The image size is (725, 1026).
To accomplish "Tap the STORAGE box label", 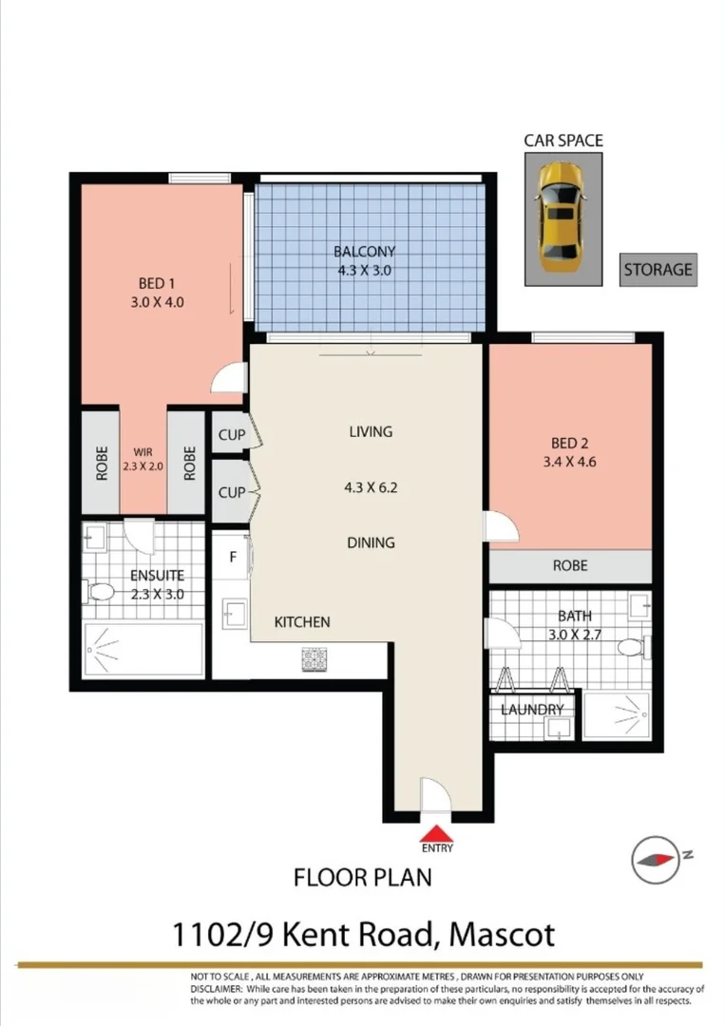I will click(x=658, y=269).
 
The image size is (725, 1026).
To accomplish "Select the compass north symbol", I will click(x=657, y=857).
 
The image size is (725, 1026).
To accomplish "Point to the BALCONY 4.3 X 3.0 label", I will click(x=364, y=260).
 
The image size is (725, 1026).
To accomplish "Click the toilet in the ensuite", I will click(x=102, y=594).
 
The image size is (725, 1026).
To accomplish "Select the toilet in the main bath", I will click(x=631, y=648).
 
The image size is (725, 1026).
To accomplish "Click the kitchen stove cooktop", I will click(x=315, y=658).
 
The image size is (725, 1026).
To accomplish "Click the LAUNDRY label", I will click(x=532, y=709).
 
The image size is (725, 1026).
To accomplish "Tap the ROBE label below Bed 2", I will click(x=570, y=565).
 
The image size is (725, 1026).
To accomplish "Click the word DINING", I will click(x=370, y=542).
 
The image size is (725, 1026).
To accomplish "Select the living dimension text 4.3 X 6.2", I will click(x=370, y=488).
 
